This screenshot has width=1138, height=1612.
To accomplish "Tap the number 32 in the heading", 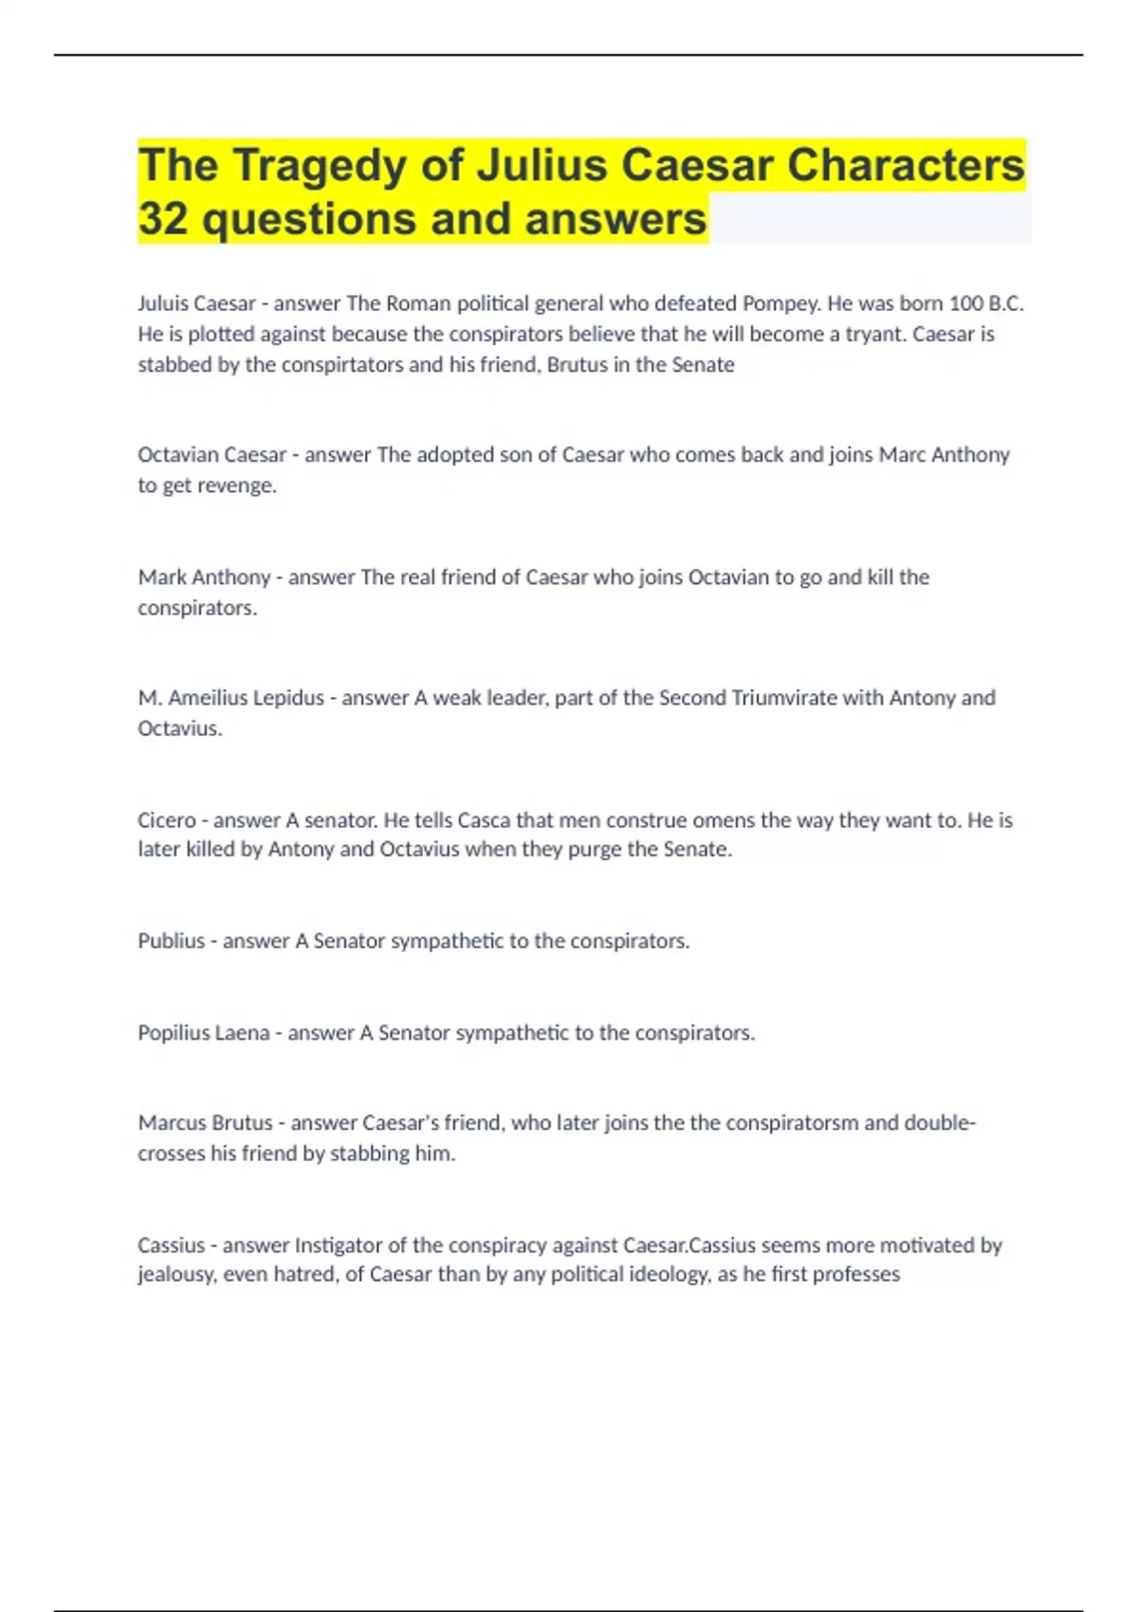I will click(163, 219).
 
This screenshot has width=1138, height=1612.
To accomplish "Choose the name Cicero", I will click(167, 820).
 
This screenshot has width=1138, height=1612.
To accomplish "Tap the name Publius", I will click(171, 942).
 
